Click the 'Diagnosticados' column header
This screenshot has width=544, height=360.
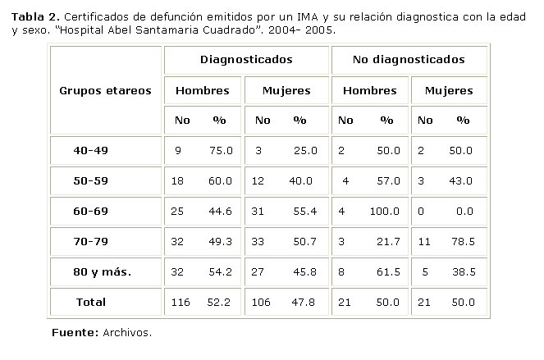(x=246, y=60)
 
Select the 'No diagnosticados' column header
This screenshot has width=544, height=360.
(x=409, y=60)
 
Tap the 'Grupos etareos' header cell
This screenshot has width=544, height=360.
(x=105, y=90)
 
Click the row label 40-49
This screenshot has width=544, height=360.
(x=90, y=151)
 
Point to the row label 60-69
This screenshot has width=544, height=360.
(x=90, y=212)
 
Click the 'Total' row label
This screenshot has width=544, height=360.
(x=90, y=302)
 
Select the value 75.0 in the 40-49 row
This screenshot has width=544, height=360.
(x=220, y=151)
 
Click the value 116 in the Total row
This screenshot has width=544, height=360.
(x=181, y=302)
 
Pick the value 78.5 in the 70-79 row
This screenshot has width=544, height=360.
(x=463, y=241)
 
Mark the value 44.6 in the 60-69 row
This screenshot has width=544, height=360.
(x=220, y=212)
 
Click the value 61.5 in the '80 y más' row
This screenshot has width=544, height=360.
(x=387, y=271)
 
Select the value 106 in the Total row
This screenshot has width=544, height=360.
(x=263, y=302)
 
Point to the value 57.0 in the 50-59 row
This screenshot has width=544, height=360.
(x=387, y=181)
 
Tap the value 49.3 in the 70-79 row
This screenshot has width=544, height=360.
(x=220, y=241)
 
